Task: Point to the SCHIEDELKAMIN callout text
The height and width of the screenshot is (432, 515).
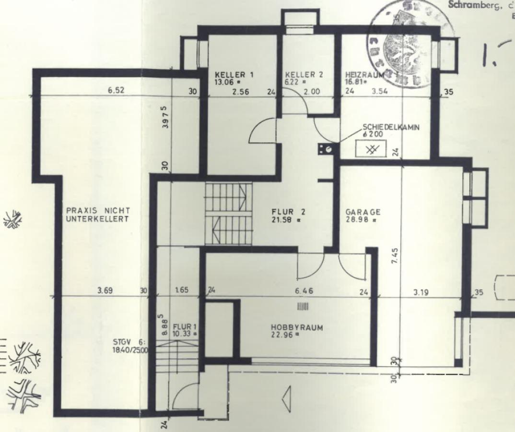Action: [x=391, y=127]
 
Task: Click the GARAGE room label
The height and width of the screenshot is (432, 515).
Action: [x=363, y=212]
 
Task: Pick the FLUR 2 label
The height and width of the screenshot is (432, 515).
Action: [x=288, y=212]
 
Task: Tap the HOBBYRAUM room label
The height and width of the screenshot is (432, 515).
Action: [x=297, y=328]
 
